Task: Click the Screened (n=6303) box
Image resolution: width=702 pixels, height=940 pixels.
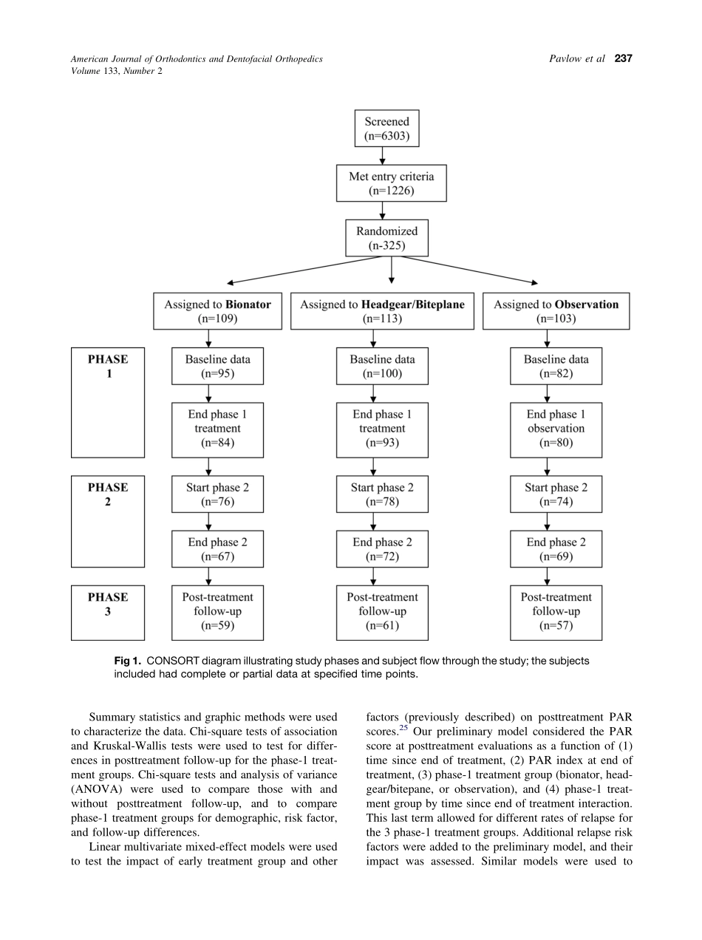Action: tap(386, 129)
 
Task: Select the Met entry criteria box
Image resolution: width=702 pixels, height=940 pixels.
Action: tap(391, 183)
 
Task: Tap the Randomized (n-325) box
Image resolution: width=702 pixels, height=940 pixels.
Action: tap(386, 238)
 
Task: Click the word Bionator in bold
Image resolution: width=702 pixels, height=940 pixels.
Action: tap(248, 304)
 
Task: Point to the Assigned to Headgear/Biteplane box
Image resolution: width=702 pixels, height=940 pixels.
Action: tap(382, 311)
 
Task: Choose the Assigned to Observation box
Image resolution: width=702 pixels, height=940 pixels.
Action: tap(556, 311)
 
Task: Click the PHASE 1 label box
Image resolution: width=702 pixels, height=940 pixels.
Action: tap(108, 403)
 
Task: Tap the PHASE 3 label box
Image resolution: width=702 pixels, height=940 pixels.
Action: tap(108, 613)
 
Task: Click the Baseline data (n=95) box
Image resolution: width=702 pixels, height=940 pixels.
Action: tap(217, 367)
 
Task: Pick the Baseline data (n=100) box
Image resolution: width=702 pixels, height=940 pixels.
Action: tap(382, 367)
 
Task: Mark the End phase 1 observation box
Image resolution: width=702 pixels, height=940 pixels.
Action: tap(556, 429)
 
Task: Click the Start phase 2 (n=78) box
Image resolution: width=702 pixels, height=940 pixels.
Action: tap(382, 494)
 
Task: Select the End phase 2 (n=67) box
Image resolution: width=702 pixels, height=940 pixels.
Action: tap(217, 549)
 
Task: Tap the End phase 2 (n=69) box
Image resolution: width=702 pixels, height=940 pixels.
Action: tap(556, 549)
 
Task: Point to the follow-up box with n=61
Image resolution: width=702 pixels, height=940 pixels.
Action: tap(382, 612)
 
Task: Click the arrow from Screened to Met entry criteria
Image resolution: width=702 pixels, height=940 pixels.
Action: tap(382, 155)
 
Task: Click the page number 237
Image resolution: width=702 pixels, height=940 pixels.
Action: tap(623, 59)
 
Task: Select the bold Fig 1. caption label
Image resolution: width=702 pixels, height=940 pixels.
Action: tap(126, 661)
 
